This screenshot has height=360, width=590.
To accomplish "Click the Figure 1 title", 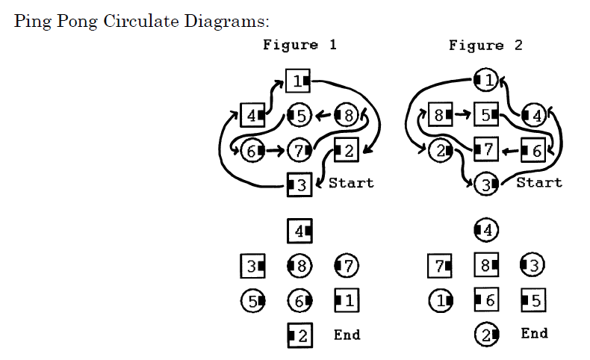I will (299, 45).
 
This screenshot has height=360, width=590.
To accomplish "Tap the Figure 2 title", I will (485, 45).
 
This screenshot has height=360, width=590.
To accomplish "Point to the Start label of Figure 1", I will (350, 182).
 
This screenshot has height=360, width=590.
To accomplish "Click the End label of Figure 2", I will (534, 333).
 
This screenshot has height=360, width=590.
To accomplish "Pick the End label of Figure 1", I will (347, 335).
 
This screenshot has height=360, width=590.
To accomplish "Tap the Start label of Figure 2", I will (538, 182).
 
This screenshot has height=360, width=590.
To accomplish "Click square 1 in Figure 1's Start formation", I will (299, 80).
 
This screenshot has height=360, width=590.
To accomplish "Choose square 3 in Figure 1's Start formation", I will (299, 184).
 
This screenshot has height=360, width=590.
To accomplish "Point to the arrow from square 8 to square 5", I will (462, 115).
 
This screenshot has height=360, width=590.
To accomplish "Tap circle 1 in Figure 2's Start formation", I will (486, 78).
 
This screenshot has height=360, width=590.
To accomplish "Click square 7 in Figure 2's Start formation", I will (486, 149).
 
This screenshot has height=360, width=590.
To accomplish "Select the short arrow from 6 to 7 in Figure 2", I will (509, 149).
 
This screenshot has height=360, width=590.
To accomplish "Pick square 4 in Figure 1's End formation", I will (299, 231).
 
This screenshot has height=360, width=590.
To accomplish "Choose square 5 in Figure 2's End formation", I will (533, 300).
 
